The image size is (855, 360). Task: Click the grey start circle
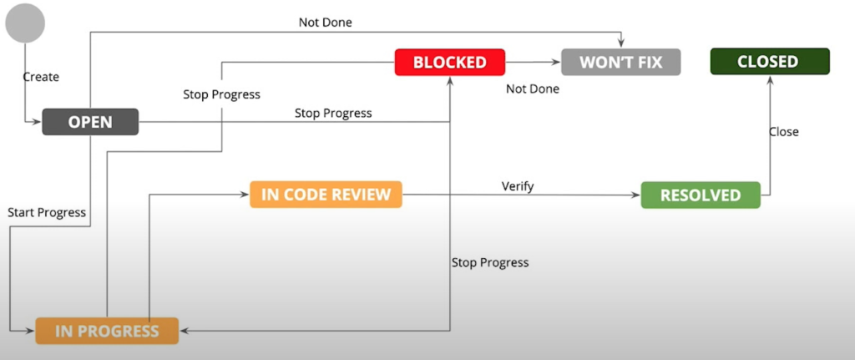24,23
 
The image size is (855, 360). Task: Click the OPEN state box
90,122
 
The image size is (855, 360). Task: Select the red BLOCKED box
450,62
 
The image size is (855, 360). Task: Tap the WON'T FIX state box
621,62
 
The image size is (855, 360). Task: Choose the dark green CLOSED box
769,62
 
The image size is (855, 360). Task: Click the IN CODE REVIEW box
326,195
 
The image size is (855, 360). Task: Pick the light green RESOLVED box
701,195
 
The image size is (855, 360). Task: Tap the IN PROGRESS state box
107,331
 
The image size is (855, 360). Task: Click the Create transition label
41,77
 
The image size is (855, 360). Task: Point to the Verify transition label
518,186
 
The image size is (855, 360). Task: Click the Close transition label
783,131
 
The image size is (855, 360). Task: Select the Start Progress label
47,213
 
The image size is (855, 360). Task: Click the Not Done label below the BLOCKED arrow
533,89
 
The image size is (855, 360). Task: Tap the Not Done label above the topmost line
326,23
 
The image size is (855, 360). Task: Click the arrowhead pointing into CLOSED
771,79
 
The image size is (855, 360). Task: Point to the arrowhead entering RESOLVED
637,195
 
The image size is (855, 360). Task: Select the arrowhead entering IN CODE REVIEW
246,194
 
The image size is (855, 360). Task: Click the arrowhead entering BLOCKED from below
450,79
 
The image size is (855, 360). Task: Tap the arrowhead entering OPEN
38,122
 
